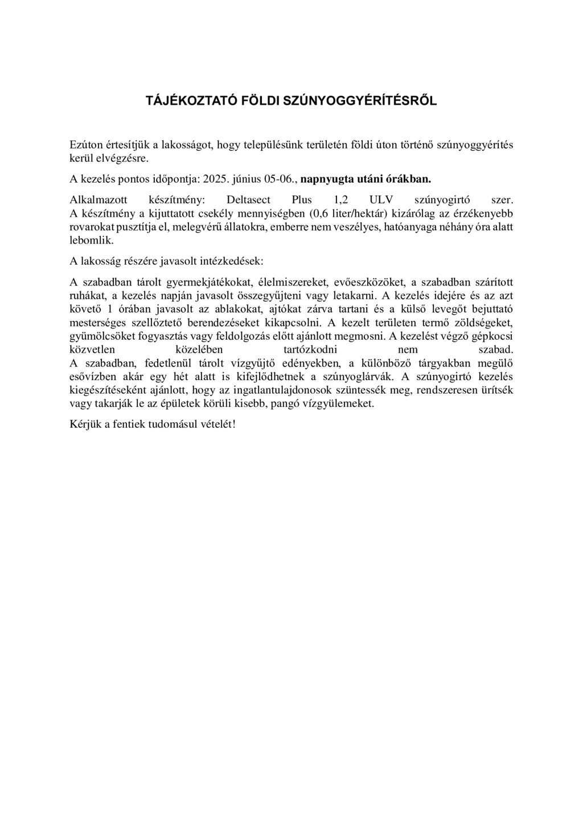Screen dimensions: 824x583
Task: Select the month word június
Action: coord(246,179)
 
